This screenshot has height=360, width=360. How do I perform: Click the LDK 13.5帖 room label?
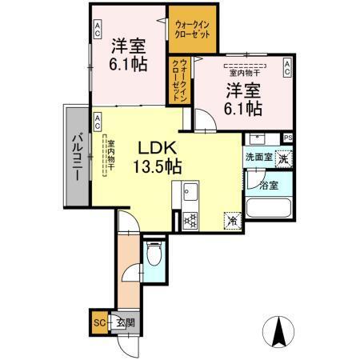[x=161, y=157]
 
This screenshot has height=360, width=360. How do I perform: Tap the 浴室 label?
[x=269, y=185]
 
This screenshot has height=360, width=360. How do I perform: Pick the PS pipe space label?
[x=287, y=138]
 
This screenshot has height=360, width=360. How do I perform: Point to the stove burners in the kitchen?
[x=190, y=219]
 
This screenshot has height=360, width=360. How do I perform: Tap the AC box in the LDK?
[x=97, y=122]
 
